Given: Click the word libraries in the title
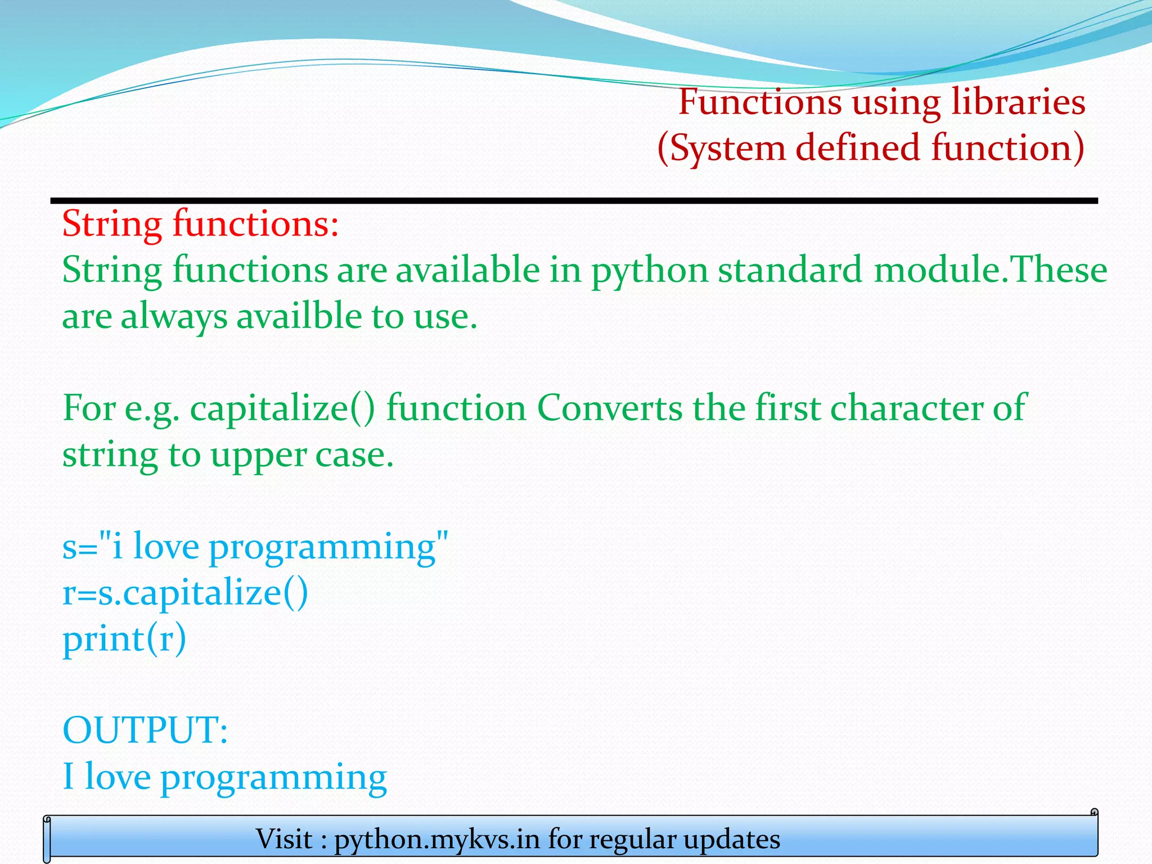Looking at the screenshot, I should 1018,102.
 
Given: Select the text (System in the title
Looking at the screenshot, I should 721,148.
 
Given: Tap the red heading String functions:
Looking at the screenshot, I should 200,224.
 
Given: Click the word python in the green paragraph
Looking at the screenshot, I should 649,271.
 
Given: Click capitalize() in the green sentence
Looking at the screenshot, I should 282,408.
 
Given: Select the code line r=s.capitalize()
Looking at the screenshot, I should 185,593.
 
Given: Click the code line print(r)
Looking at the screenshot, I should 124,640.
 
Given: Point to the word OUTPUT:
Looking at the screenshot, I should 145,731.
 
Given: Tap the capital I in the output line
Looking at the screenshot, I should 68,776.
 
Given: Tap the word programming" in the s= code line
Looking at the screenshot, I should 328,547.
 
